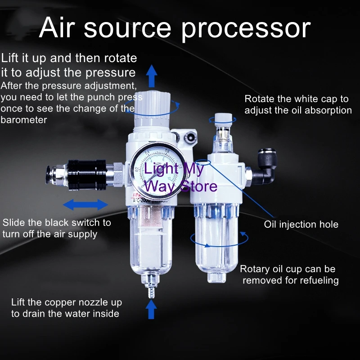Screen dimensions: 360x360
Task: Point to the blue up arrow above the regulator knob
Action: tap(152, 75)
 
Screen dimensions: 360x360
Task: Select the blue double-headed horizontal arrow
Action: tap(85, 205)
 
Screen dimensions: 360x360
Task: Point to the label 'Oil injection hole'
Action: tap(301, 224)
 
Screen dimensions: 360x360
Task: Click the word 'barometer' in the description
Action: tap(23, 120)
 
